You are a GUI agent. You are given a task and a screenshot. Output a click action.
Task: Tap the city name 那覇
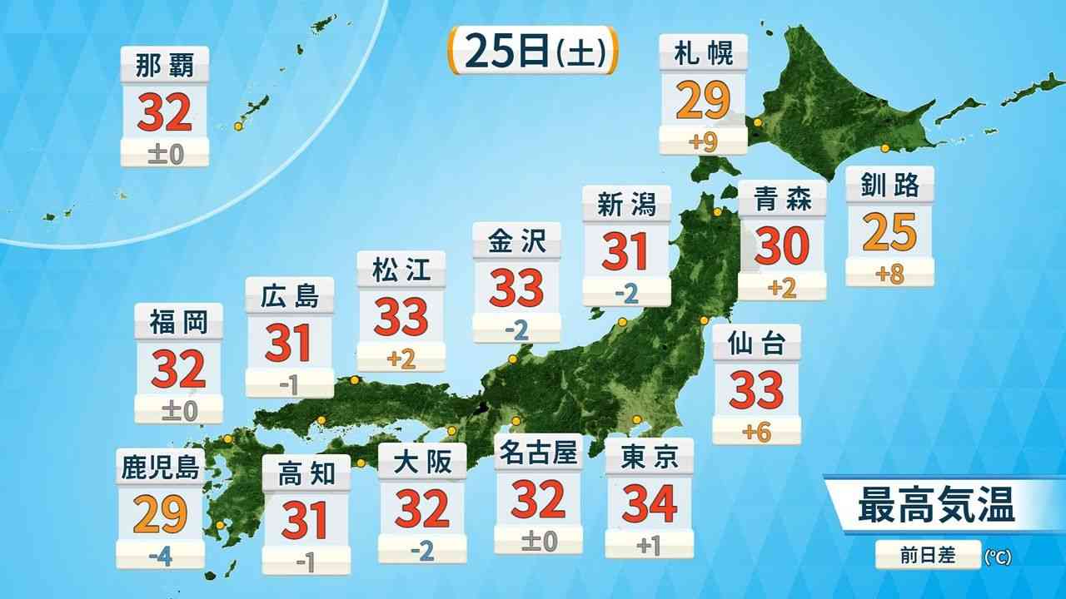point(164,65)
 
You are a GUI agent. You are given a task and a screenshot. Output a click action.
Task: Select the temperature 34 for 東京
point(649,502)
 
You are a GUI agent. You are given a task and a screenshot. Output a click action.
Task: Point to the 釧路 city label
point(889,185)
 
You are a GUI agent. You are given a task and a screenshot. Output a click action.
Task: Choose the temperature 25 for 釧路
point(889,233)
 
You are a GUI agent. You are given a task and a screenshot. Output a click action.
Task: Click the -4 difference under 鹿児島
point(160,553)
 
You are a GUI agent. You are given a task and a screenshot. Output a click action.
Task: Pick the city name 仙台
point(756,343)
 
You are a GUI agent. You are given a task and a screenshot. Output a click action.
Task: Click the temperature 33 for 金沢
point(516,288)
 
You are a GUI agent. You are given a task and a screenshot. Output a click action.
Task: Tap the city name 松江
point(401,270)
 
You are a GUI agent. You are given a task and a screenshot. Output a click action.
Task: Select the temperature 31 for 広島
point(289,343)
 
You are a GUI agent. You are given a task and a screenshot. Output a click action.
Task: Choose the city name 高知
point(306,473)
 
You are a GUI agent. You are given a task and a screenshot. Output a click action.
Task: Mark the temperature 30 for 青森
point(782,246)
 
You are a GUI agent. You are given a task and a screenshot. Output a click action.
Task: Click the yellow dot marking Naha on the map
point(238,126)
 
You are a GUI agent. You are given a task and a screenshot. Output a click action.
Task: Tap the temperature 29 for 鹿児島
point(160,514)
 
